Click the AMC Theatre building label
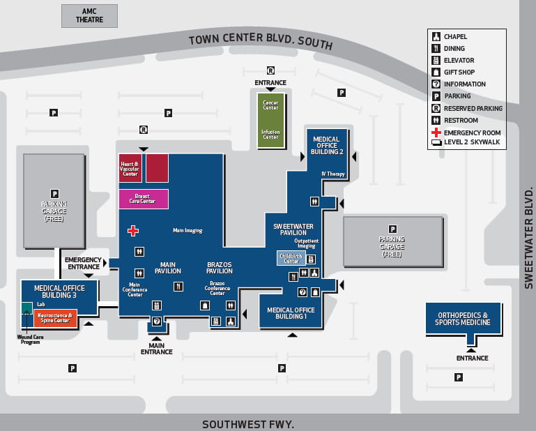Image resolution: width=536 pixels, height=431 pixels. [x=89, y=15]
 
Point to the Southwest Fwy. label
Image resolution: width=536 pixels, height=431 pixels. [x=248, y=423]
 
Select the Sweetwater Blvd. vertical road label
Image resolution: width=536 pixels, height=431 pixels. [x=528, y=237]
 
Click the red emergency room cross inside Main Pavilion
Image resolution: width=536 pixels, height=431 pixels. [x=132, y=230]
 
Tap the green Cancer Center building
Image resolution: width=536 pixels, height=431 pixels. [x=270, y=120]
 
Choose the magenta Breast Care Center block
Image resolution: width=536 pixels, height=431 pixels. [x=143, y=199]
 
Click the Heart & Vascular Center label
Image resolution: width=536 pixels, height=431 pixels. [x=130, y=168]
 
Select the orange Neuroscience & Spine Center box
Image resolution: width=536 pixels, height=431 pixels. [x=55, y=318]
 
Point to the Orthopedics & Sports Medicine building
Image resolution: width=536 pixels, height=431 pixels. [x=464, y=319]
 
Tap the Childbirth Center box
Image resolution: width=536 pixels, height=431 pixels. [x=290, y=259]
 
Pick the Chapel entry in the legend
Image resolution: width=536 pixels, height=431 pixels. [x=457, y=36]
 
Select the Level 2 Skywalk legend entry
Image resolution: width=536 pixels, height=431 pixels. [x=471, y=143]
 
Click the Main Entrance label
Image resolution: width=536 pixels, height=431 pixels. [x=156, y=348]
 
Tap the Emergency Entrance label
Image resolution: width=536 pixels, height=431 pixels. [x=83, y=263]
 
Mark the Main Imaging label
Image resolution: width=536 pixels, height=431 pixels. [x=187, y=230]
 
